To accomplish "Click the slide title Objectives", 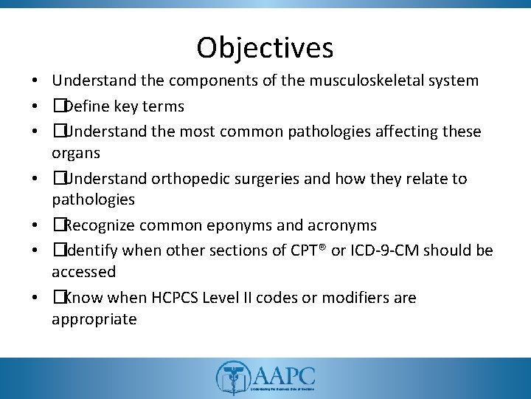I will (265, 48).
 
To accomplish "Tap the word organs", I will (77, 154).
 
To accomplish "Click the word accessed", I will (83, 272).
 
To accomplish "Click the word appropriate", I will (94, 320).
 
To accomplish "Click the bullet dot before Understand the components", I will (35, 80).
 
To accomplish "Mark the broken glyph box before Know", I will (58, 298).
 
